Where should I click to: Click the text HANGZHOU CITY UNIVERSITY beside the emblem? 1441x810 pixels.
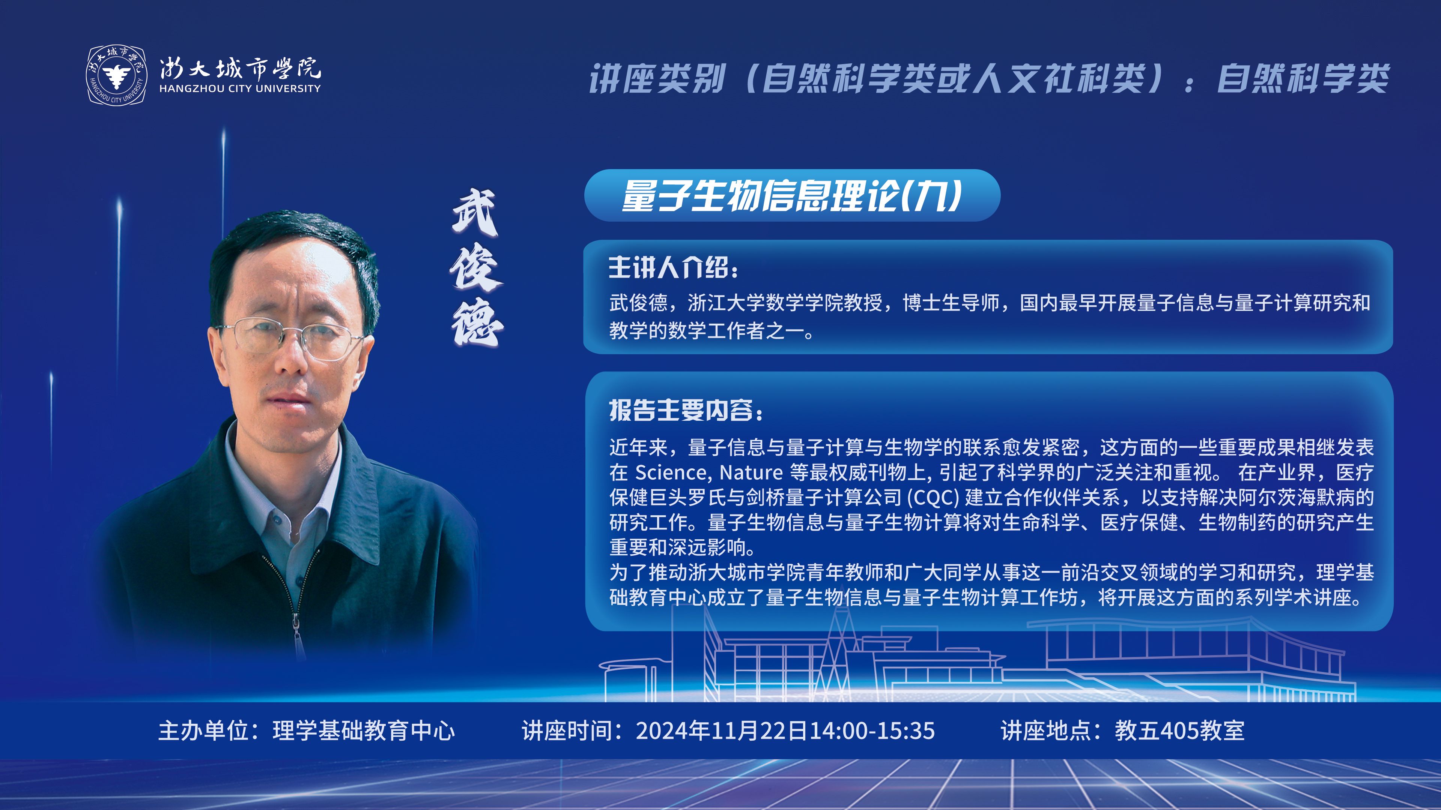[240, 88]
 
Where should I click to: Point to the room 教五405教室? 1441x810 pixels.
[1180, 730]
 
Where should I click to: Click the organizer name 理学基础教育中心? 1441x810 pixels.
[364, 730]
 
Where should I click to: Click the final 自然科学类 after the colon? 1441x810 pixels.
[1303, 78]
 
